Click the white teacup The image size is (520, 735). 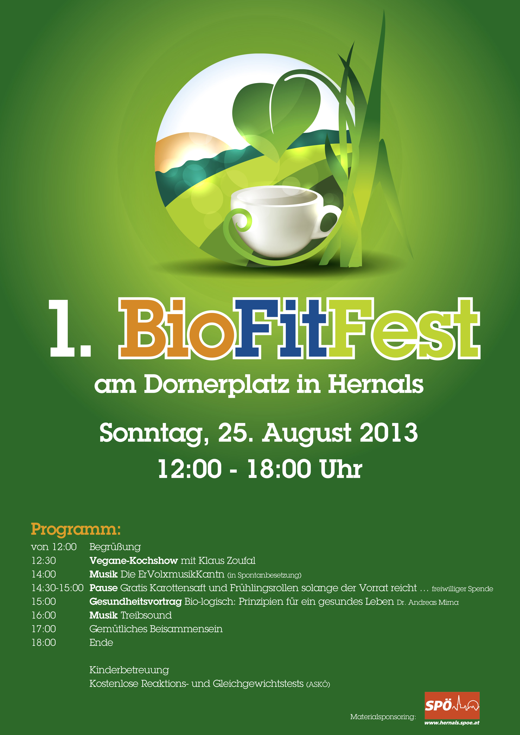click(x=282, y=221)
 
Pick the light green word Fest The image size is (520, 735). click(x=404, y=328)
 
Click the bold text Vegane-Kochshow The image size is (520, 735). click(x=134, y=560)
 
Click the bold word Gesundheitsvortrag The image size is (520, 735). click(x=135, y=602)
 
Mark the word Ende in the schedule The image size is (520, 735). click(x=101, y=643)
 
